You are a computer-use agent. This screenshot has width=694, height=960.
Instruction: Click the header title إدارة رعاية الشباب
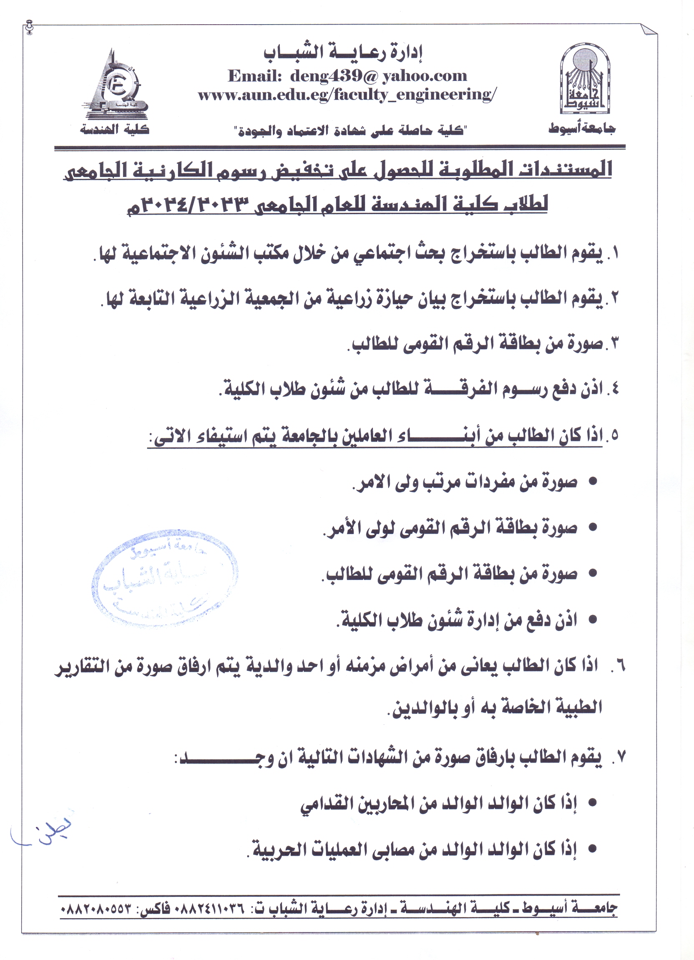tap(343, 53)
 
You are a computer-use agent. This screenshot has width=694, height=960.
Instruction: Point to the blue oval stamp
tap(164, 578)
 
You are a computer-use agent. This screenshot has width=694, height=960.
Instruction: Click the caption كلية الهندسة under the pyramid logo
tap(115, 129)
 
